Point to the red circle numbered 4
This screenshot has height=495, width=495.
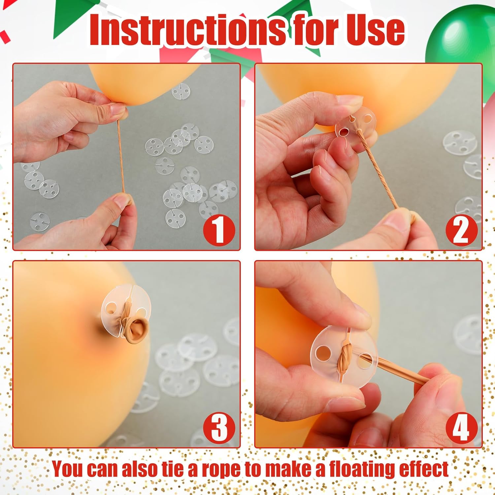[x=461, y=427]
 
